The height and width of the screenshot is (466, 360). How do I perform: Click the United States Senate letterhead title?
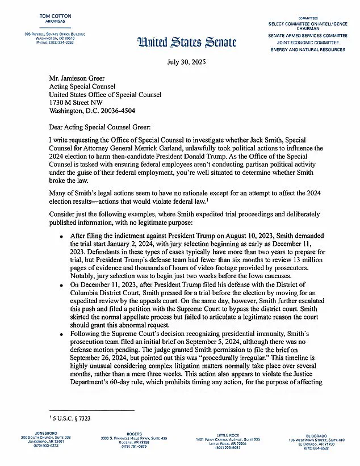pyautogui.click(x=180, y=40)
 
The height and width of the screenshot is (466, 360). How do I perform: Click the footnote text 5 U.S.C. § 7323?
pyautogui.click(x=70, y=418)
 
